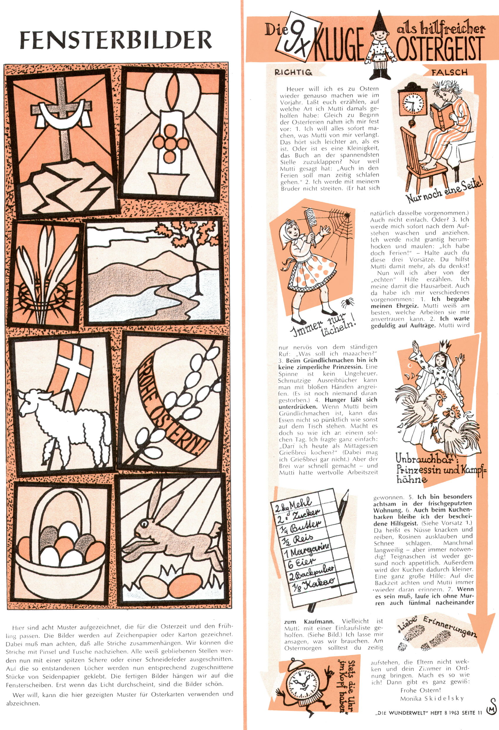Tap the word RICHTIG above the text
point(293,72)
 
